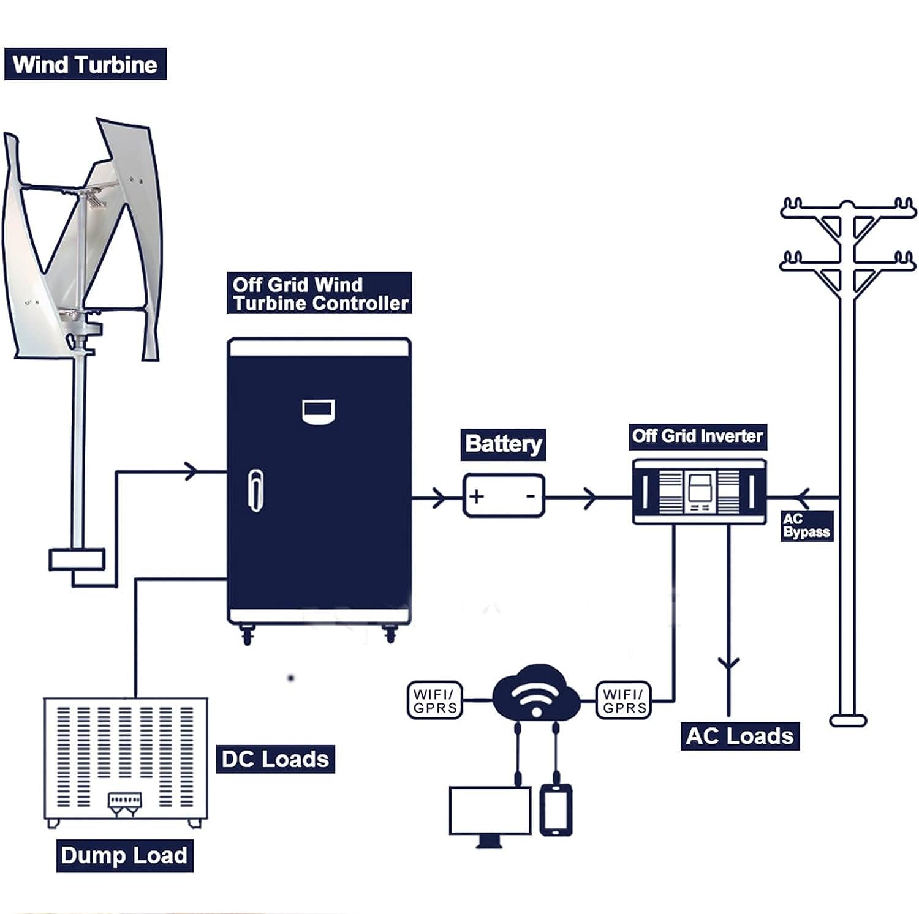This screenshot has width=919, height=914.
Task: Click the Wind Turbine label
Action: pos(85,64)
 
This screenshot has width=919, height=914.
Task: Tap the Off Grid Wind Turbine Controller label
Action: pos(319,293)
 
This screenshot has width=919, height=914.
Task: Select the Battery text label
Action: pos(503,444)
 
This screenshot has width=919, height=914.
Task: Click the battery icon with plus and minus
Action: pos(504,496)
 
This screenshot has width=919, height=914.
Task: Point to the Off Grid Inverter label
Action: pos(698,436)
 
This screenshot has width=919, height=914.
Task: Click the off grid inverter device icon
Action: pos(699,492)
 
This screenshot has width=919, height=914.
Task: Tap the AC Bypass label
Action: pos(806,526)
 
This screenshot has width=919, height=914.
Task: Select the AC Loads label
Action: pos(740,736)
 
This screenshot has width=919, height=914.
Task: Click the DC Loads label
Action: pos(276,759)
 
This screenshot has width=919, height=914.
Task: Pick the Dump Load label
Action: pos(124,855)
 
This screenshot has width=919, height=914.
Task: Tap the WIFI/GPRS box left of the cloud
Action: pos(435,700)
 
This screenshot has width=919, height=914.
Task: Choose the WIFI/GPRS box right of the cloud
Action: pos(624,700)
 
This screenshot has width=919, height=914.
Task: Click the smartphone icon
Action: pos(556,810)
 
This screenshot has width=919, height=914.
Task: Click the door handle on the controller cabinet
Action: pos(255,490)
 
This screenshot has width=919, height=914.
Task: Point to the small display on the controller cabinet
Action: pos(319,411)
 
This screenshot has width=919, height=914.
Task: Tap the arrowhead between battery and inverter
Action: pos(589,498)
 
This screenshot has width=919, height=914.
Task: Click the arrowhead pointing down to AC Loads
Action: pos(728,664)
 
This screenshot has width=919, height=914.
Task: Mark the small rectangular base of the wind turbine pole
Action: pos(77,560)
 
